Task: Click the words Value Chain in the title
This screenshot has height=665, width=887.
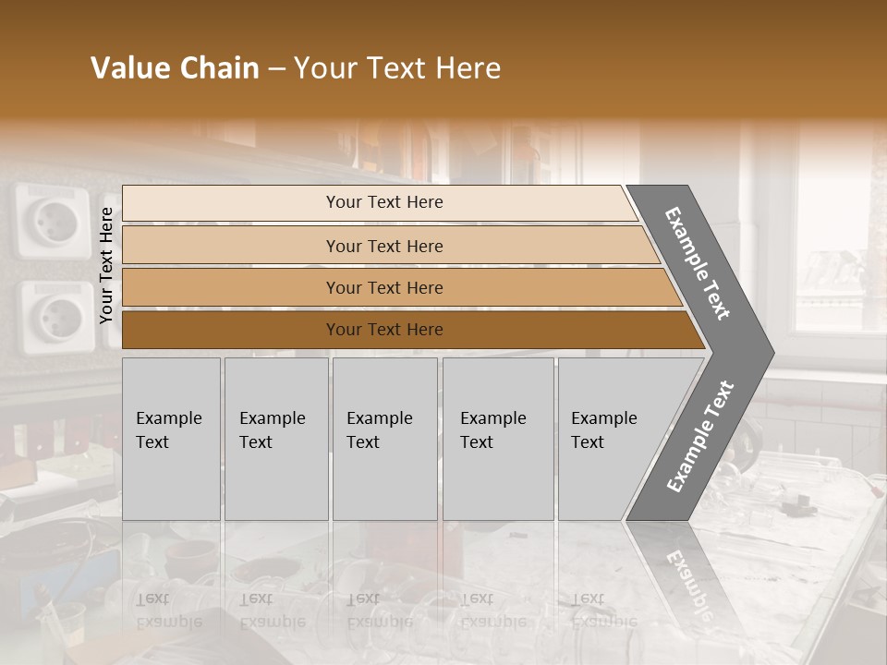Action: click(175, 68)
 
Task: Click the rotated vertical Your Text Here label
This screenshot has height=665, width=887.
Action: click(106, 265)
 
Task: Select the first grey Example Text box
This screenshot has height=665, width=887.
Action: click(171, 439)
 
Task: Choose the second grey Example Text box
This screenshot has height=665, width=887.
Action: click(275, 439)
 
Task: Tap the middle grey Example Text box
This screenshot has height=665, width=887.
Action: click(384, 439)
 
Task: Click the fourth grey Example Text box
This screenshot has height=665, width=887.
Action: click(498, 439)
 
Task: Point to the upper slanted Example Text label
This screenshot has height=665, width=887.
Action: click(698, 262)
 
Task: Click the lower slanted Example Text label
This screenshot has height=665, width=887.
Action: click(699, 436)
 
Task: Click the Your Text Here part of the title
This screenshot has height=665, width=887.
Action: click(397, 68)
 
